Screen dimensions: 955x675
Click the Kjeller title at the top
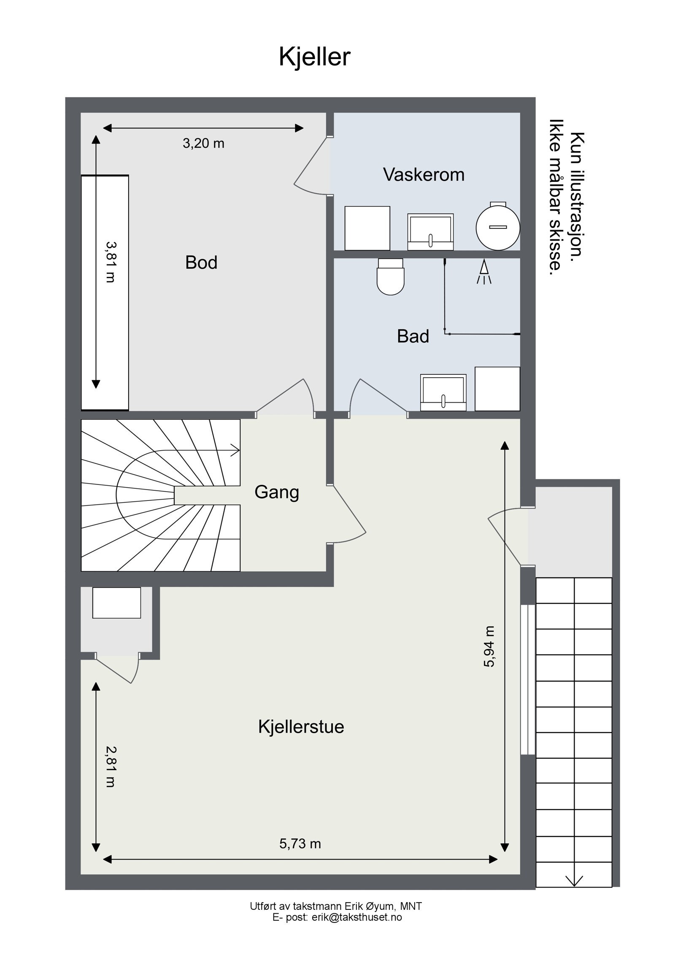point(314,57)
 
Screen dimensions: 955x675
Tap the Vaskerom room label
point(424,175)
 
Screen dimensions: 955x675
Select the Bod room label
point(201,262)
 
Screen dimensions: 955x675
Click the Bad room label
point(413,336)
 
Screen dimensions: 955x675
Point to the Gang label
point(277,492)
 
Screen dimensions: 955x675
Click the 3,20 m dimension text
point(203,143)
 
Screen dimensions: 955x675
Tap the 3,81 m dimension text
point(111,262)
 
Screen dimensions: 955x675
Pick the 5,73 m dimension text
point(300,844)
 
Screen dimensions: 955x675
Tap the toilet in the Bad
point(390,277)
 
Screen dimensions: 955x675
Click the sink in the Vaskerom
point(430,231)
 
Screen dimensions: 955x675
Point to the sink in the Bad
point(443,392)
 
